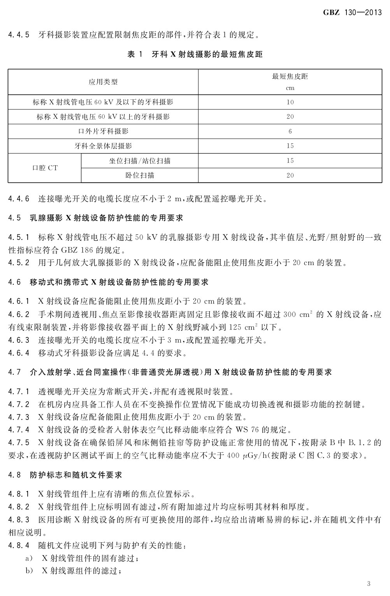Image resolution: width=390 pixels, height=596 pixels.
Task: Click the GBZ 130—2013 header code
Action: pos(352,12)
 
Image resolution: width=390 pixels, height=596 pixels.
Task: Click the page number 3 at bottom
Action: pos(369,583)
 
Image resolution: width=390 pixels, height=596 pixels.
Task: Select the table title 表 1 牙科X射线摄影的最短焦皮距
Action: pos(195,55)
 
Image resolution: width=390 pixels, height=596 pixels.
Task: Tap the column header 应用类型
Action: pos(103,82)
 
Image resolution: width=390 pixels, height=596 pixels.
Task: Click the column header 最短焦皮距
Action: pos(290,76)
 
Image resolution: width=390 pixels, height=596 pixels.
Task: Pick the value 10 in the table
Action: pos(290,102)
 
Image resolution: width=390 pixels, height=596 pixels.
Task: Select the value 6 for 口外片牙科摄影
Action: pos(290,131)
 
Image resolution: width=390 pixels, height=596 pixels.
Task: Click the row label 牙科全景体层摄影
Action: pos(103,146)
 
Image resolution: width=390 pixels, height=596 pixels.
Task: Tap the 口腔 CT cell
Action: pos(44,168)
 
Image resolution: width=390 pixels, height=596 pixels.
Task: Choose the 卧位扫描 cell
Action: pos(139,175)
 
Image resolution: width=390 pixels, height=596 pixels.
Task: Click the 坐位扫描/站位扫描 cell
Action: pos(139,160)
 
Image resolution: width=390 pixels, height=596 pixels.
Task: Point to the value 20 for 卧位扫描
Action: pos(290,175)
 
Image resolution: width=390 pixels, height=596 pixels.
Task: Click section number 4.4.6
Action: pos(19,199)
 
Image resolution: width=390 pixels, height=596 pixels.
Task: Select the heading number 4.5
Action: pos(14,218)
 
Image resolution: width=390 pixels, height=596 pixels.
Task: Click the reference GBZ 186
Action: pos(76,250)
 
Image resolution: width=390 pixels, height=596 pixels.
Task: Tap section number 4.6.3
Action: pos(19,340)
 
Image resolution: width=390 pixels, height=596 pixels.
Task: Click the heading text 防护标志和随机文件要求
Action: pos(76,475)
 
